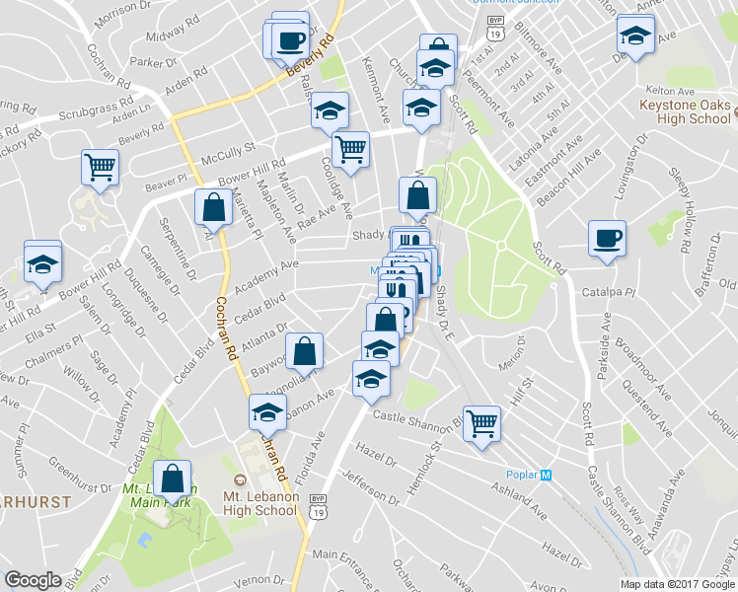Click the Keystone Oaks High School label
click(685, 111)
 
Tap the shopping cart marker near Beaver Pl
click(100, 168)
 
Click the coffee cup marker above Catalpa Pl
click(605, 238)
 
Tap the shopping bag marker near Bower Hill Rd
click(214, 207)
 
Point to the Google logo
click(33, 580)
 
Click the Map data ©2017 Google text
click(678, 584)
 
